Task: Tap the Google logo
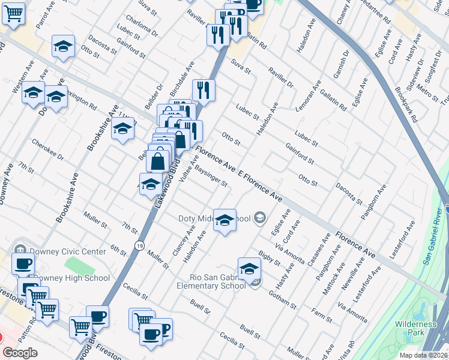pos(20,353)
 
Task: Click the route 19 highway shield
pos(139,245)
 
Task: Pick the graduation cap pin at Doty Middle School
pos(225,221)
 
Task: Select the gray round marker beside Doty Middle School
pos(260,217)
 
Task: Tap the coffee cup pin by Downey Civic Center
pos(23,263)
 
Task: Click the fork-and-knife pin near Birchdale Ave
pos(204,90)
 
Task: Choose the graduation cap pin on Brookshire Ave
pos(122,128)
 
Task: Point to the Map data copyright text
pos(423,355)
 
